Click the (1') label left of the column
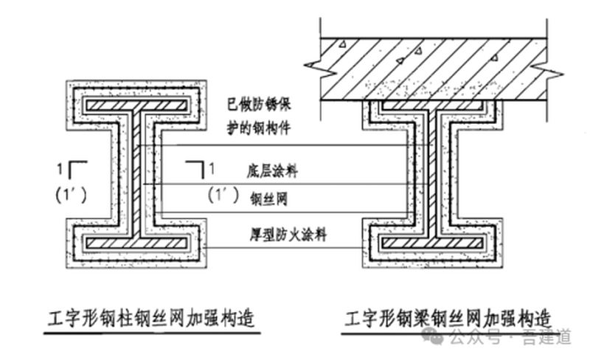pos(72,195)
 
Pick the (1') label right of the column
pos(223,195)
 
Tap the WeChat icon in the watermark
pos(437,336)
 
